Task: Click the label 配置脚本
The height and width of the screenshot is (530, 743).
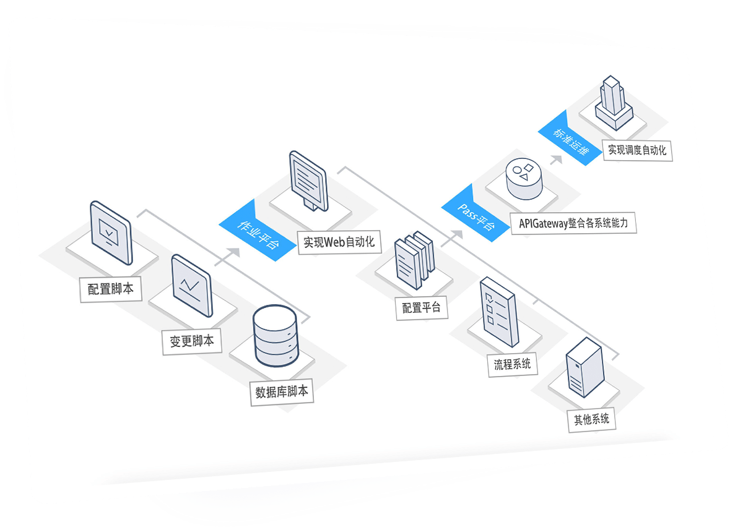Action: [110, 289]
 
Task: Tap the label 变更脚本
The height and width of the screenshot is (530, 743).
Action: [191, 341]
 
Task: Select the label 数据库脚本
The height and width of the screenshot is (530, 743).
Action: [282, 391]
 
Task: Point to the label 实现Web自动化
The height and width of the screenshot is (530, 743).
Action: [339, 242]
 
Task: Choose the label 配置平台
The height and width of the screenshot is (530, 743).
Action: [421, 307]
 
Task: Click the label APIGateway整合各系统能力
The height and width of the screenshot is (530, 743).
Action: [573, 223]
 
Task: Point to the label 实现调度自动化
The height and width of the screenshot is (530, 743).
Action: [637, 149]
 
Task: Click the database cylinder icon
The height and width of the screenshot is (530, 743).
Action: [275, 338]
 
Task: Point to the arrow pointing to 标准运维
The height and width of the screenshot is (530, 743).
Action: [555, 160]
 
